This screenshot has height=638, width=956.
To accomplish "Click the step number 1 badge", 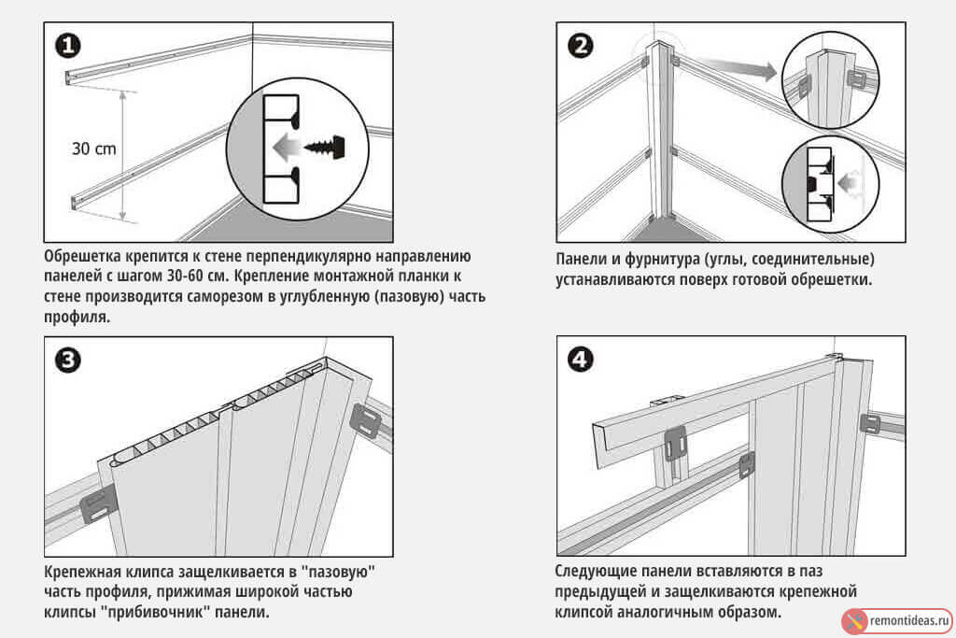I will point(67,44).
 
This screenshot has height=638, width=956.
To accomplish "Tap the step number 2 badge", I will point(580,44).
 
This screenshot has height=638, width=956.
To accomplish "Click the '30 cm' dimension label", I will point(93,148).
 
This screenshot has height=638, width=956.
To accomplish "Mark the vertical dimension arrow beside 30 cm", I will point(122,154).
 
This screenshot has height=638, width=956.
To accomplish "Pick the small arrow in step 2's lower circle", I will point(849,184).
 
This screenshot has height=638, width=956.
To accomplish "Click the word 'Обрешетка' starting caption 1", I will point(87,257).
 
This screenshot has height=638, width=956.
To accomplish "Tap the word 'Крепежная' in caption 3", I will point(85,572).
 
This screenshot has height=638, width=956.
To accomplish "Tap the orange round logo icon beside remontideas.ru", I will point(853,618).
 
